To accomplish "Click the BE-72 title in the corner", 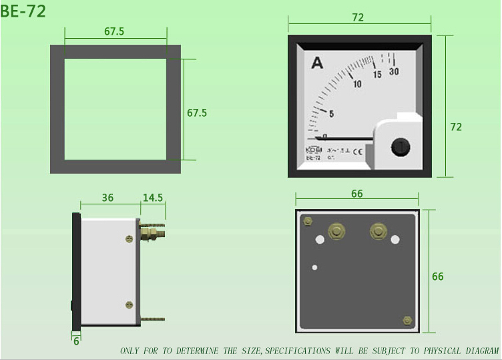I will click(23, 11).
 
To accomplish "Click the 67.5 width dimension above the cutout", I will click(114, 31).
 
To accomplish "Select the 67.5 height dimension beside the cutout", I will click(197, 113).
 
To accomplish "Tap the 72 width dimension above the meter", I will click(358, 18).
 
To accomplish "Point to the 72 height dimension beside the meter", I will click(456, 126).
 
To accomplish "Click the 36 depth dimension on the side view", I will click(107, 198).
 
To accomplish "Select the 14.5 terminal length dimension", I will click(153, 198).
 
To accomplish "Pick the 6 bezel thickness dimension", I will click(76, 341).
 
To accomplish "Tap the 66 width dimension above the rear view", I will click(357, 194).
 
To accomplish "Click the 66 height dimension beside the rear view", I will click(438, 277).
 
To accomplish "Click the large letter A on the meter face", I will click(317, 63).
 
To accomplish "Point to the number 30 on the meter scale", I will click(394, 72).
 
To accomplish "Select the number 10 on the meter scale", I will click(357, 84).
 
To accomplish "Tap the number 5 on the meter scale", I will click(331, 114).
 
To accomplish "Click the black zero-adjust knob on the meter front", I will click(399, 147).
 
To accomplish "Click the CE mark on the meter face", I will click(357, 150).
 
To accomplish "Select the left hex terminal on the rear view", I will click(336, 232).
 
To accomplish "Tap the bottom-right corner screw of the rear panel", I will click(407, 321).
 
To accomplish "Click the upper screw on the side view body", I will click(129, 238).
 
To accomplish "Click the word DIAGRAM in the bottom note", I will click(478, 351).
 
